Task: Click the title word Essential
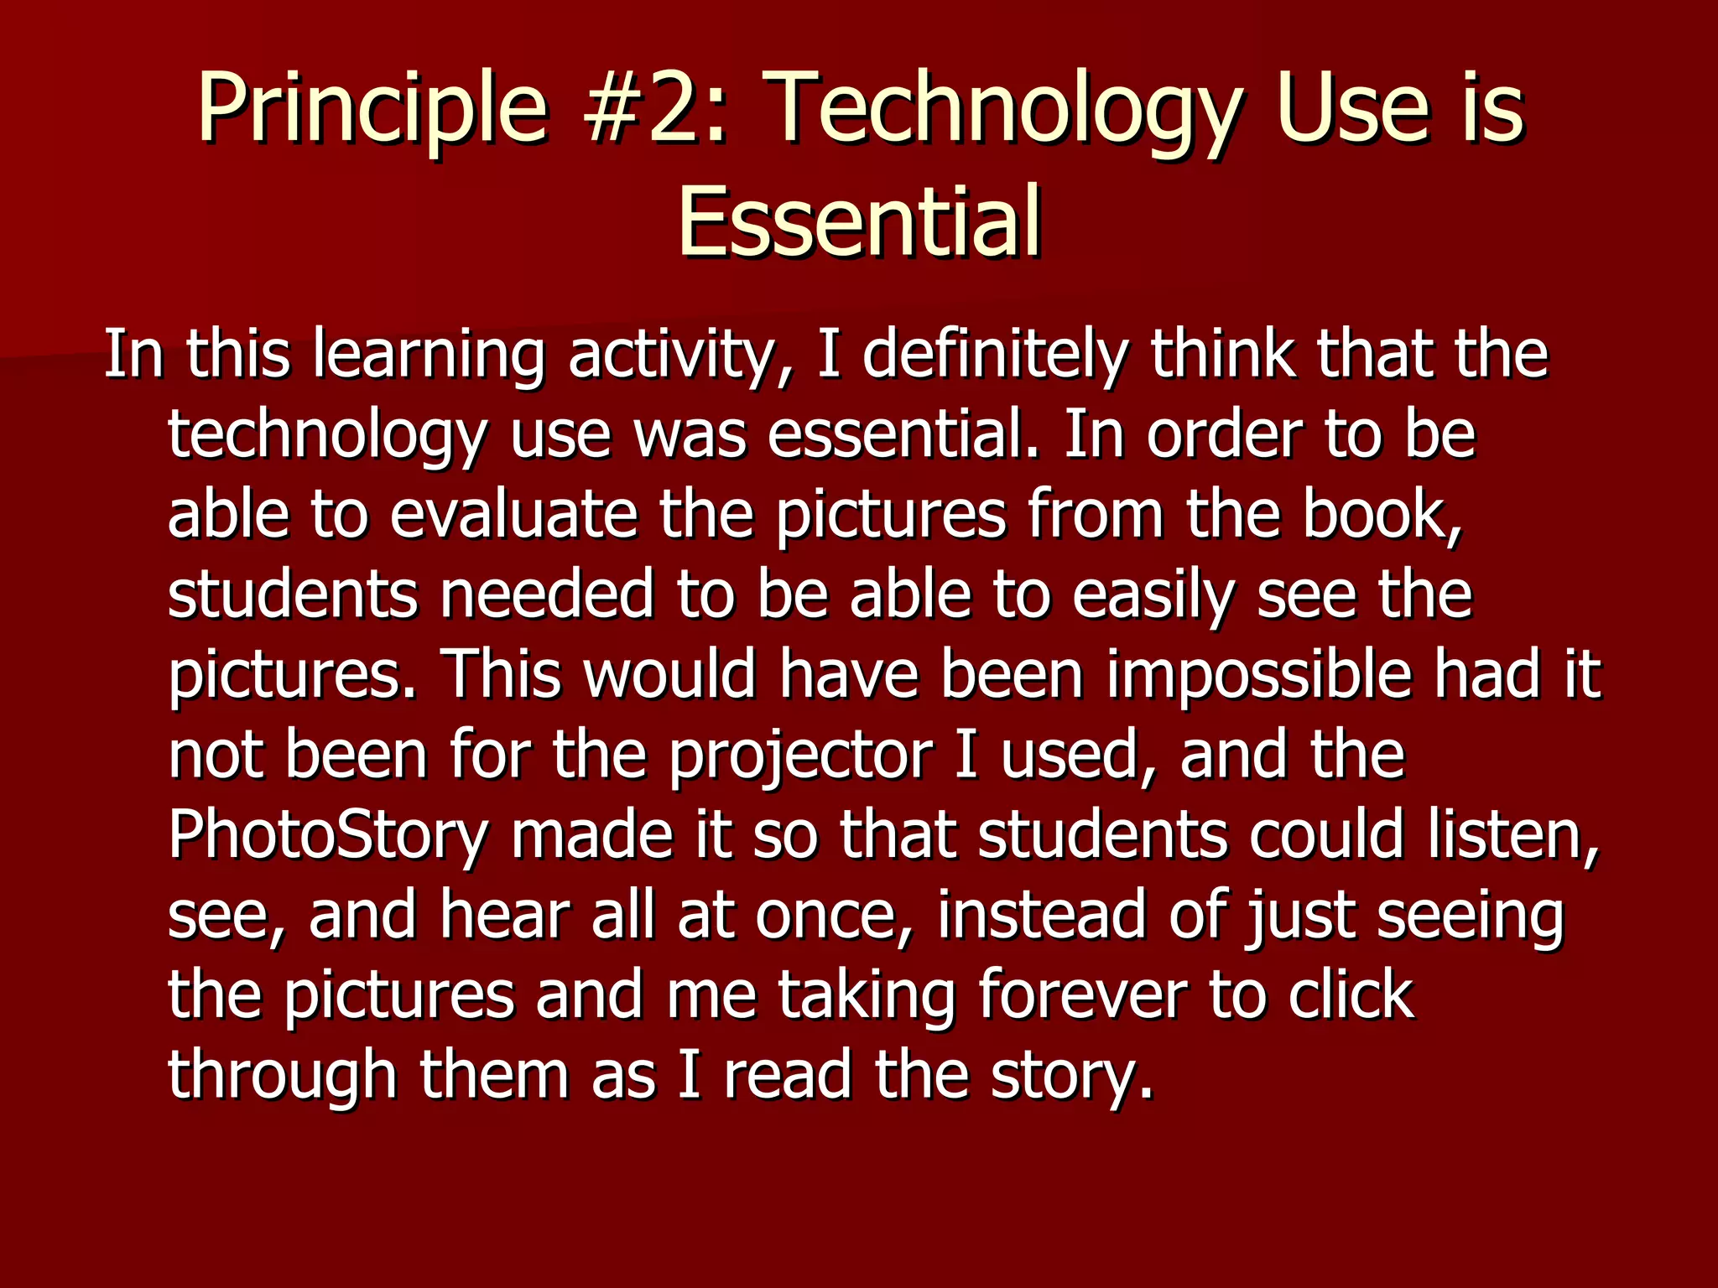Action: pos(859,222)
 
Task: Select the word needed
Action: pos(546,595)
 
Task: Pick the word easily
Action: pos(1153,596)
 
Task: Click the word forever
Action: pos(1083,995)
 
